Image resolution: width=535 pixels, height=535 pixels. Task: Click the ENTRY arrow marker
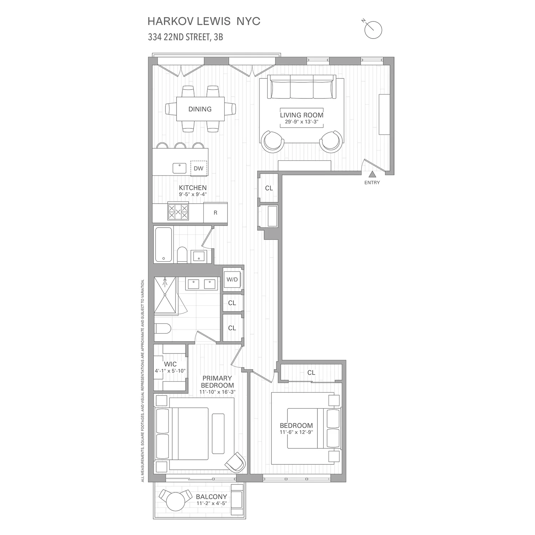tap(372, 174)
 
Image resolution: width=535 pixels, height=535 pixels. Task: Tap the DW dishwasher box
tap(198, 168)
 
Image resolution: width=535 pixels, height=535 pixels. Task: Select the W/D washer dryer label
tap(232, 279)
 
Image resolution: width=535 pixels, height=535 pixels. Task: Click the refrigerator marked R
tap(215, 213)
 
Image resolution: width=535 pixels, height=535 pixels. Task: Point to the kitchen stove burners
tap(178, 212)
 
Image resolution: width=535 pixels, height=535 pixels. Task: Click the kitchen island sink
tap(180, 168)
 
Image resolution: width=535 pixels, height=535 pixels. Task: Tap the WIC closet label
tap(170, 364)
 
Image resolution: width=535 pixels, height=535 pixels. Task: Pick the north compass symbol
tap(373, 30)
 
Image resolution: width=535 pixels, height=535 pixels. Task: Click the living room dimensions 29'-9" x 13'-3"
tap(301, 122)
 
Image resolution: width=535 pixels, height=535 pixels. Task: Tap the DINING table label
tap(200, 109)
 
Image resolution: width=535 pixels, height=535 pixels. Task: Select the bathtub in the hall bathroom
tap(163, 245)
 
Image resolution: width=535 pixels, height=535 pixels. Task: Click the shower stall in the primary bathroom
tap(165, 296)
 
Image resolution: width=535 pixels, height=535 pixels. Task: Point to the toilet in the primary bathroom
tap(163, 328)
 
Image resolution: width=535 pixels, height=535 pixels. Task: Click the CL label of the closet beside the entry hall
tap(269, 188)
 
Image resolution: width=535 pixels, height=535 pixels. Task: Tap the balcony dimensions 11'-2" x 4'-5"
tap(212, 504)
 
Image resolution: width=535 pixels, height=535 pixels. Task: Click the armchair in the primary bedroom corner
tap(235, 462)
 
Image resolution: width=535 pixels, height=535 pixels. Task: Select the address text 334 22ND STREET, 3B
tap(185, 37)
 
